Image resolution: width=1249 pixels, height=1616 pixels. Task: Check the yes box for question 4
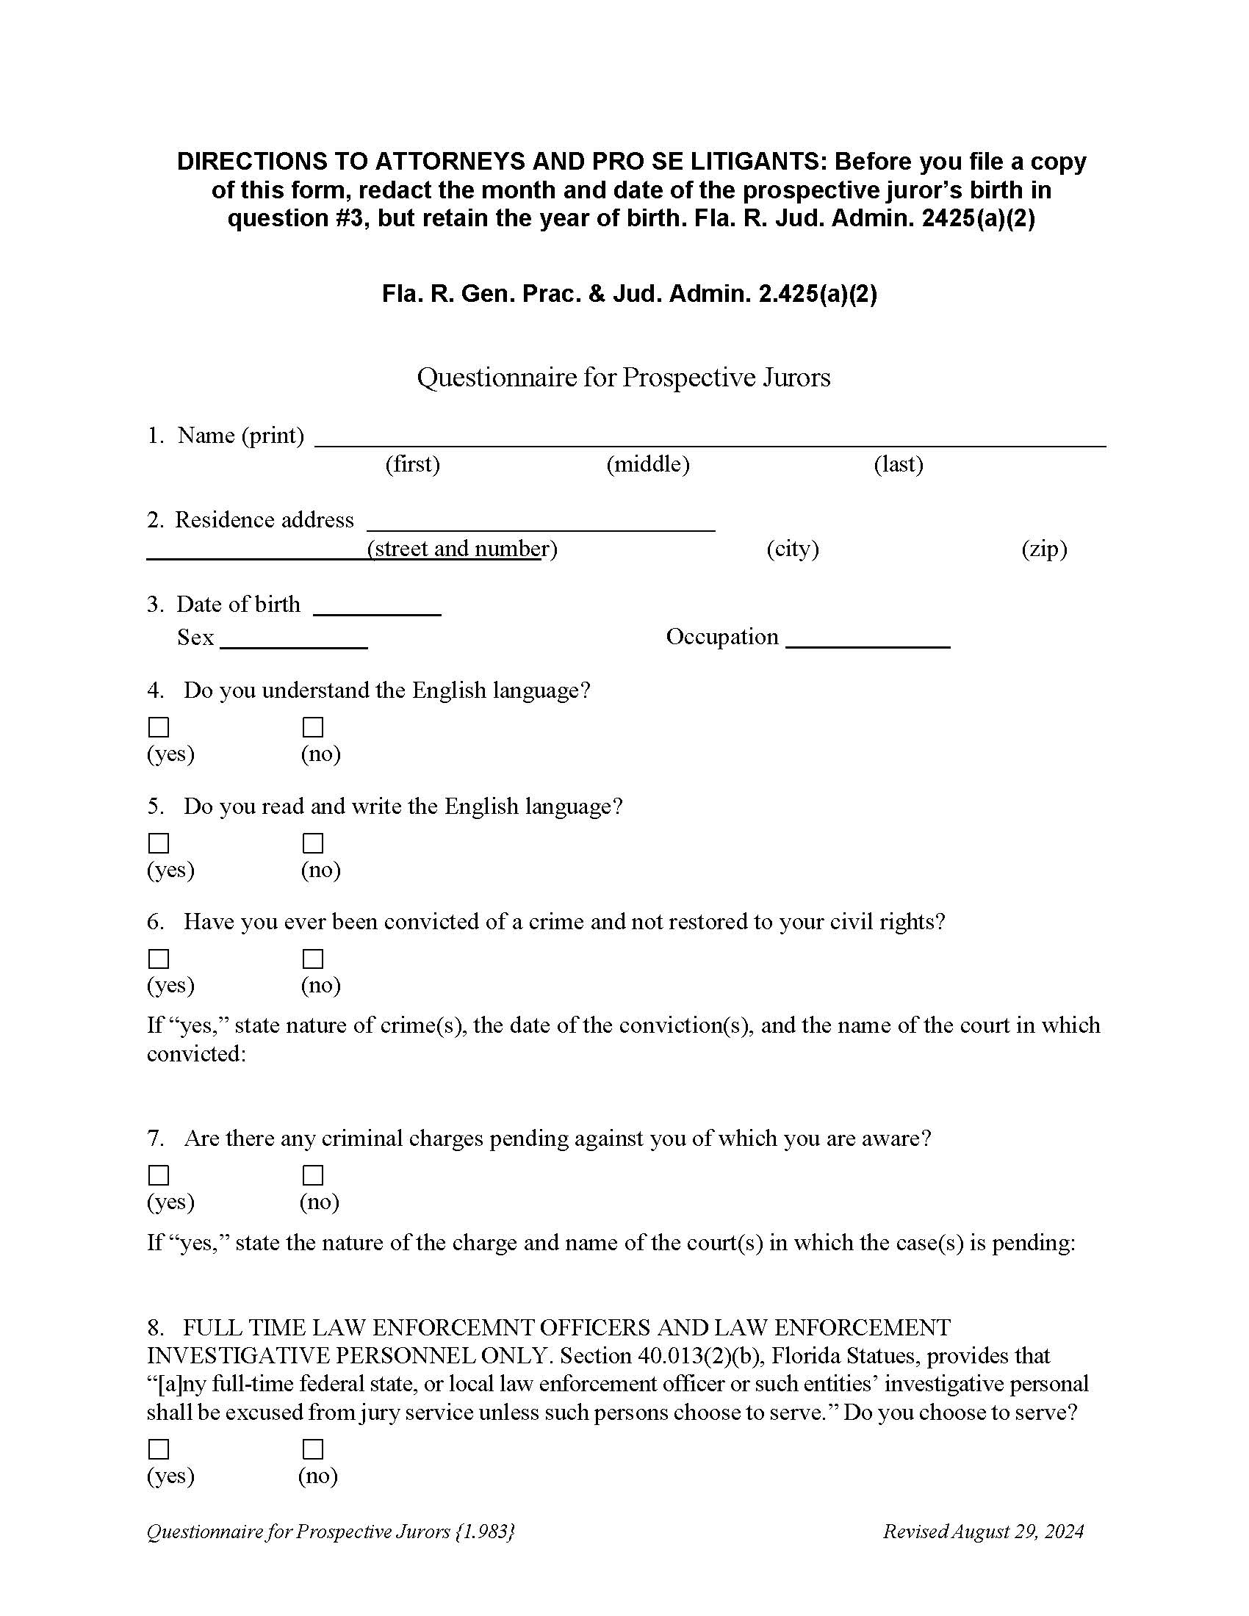coord(159,727)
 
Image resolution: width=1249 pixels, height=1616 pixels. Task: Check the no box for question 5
coord(313,843)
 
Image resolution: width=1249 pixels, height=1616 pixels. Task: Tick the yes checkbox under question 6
coord(159,958)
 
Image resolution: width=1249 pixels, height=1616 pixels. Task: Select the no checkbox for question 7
coord(313,1175)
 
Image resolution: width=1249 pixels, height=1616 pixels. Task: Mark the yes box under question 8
coord(159,1448)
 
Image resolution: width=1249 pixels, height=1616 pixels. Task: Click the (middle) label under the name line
coord(647,464)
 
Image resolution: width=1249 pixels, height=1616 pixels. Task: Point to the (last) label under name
coord(899,464)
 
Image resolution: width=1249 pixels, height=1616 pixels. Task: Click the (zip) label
coord(1044,548)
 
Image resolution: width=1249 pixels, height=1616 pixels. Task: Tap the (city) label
coord(793,548)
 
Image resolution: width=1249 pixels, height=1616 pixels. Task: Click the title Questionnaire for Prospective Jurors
coord(624,378)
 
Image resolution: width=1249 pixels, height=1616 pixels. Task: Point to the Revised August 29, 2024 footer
coord(982,1531)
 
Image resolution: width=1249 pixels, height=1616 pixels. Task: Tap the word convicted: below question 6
coord(196,1053)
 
